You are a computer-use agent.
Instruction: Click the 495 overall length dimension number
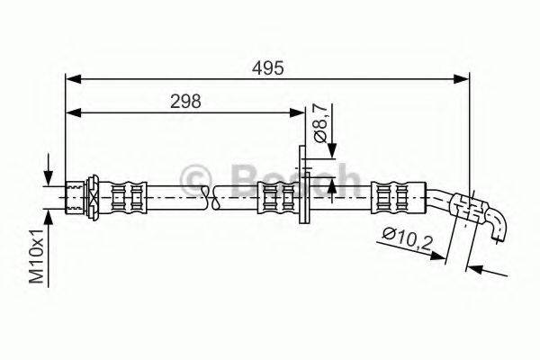tap(267, 67)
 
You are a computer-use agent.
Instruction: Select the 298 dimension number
tap(184, 102)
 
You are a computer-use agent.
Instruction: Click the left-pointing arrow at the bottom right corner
tap(476, 267)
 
